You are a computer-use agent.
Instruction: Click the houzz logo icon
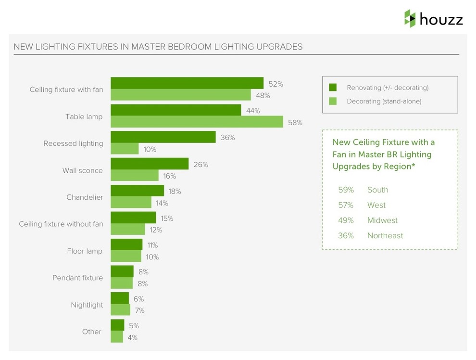coord(410,18)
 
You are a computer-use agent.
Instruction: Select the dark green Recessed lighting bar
coord(163,137)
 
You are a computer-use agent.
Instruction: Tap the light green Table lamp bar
coord(197,122)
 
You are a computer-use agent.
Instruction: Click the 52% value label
coord(276,84)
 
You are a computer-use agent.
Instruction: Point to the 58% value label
coord(295,122)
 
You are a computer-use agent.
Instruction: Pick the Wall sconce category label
coord(82,170)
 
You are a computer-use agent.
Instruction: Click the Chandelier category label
coord(85,197)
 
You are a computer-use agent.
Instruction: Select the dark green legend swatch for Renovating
coord(333,88)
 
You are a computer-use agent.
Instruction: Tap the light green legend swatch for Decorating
coord(333,101)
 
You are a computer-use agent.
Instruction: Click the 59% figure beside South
coord(346,190)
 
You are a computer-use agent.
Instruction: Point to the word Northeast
coord(385,236)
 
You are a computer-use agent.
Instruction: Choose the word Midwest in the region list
coord(382,220)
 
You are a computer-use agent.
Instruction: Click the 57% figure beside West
coord(346,205)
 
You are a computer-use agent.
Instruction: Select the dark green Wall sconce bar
coord(150,164)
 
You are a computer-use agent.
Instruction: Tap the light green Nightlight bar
coord(120,310)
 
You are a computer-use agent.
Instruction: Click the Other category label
coord(91,332)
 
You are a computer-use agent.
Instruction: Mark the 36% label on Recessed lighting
coord(227,137)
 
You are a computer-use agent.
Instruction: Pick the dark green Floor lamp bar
coord(126,245)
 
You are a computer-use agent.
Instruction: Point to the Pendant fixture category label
coord(77,278)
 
